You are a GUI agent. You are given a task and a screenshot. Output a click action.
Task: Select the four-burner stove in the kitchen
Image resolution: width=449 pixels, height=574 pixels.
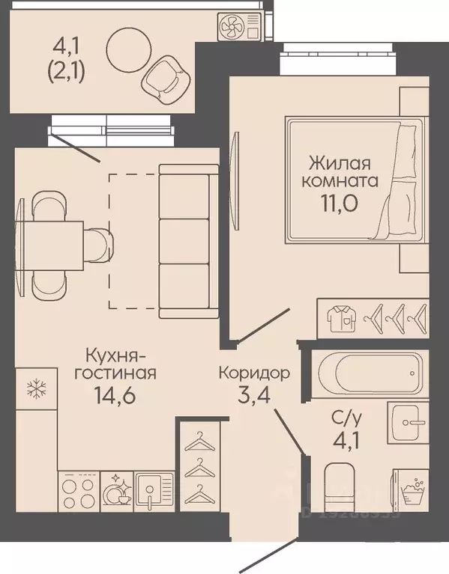pos(79,492)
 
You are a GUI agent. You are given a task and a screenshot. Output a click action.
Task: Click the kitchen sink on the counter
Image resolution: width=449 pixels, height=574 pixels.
pos(154,492)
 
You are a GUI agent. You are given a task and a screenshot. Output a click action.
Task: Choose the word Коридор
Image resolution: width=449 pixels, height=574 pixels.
pos(255,371)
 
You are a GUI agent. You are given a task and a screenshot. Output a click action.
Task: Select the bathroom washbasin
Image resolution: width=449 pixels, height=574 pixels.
pos(408,424)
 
